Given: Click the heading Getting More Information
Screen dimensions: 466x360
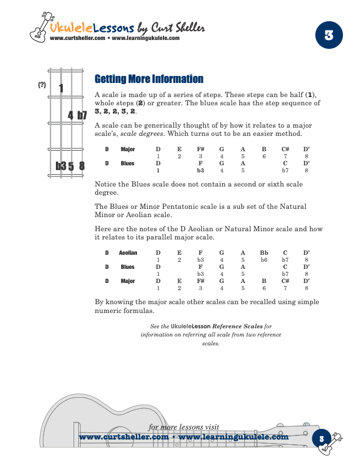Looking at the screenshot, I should coord(149,79).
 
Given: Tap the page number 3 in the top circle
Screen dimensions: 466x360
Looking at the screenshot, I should coord(329,34).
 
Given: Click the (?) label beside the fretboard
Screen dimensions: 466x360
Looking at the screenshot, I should coord(42,85).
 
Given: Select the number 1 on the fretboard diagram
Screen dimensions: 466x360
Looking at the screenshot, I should coord(61,89).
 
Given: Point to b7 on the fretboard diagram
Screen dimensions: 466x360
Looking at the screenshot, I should coord(82,115).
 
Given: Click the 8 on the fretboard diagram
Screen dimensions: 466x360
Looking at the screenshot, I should coord(82,166).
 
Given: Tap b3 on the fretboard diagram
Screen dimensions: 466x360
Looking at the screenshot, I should coord(61,166).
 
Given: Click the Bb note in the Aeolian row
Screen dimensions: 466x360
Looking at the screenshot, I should coord(264,252).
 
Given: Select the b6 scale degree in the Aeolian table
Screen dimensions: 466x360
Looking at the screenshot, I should coord(264,259).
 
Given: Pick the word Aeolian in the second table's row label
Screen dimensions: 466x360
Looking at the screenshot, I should coord(128,253).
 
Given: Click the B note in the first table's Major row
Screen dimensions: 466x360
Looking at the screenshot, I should coord(264,149).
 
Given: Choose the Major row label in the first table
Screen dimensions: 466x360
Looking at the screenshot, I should coord(128,149).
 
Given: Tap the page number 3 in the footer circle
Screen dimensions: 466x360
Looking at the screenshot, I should coord(322,438).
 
